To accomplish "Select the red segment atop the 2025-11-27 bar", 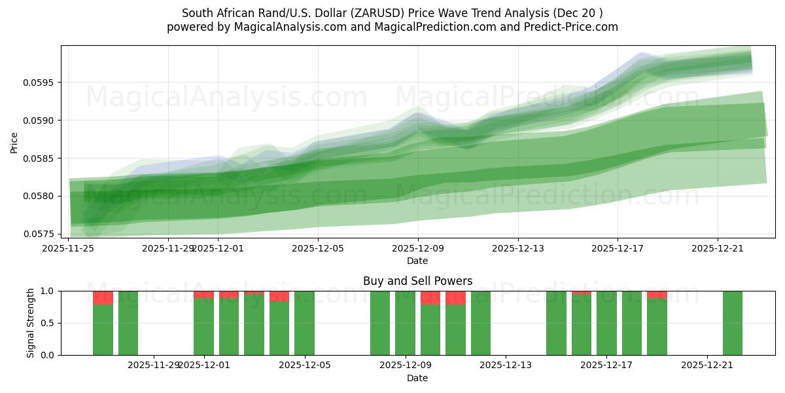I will (x=103, y=298).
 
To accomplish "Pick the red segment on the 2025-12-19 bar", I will (x=657, y=295).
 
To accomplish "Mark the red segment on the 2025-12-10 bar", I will (x=430, y=298).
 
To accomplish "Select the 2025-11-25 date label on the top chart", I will (x=69, y=248).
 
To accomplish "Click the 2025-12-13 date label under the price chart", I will (x=518, y=248).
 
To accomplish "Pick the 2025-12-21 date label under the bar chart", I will (x=707, y=365).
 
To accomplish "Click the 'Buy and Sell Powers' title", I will (x=417, y=281).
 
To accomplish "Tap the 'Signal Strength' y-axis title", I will (x=31, y=322).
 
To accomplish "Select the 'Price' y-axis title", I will (x=14, y=141).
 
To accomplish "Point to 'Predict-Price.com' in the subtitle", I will (x=568, y=27).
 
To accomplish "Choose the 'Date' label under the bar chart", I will (x=417, y=378).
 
